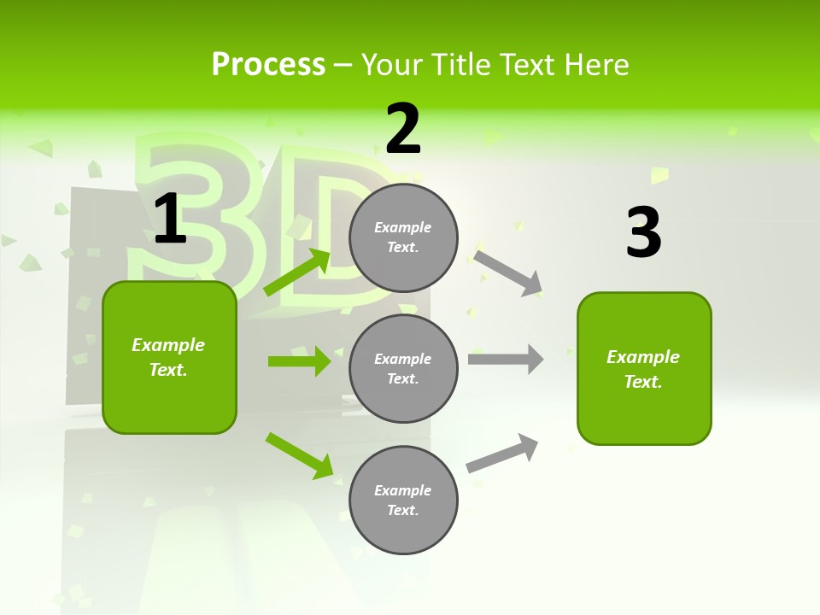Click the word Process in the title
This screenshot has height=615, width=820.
click(268, 65)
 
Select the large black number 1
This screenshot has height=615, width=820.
click(170, 219)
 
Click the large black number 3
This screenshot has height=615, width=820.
click(643, 232)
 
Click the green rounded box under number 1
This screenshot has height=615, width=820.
click(169, 357)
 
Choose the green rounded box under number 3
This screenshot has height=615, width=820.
click(644, 368)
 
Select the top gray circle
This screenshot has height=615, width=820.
click(403, 237)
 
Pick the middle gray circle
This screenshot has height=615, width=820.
click(403, 368)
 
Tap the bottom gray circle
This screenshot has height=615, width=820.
click(403, 500)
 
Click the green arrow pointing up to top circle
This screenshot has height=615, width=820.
click(297, 272)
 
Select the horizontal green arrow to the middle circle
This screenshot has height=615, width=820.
click(299, 361)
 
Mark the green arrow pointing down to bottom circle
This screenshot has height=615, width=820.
click(299, 455)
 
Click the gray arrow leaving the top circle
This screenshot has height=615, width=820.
click(508, 272)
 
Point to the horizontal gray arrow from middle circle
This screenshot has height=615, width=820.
click(506, 359)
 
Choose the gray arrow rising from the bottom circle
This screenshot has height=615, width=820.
click(503, 453)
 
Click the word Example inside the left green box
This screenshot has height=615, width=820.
click(168, 345)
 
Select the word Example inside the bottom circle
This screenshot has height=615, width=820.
click(402, 490)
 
